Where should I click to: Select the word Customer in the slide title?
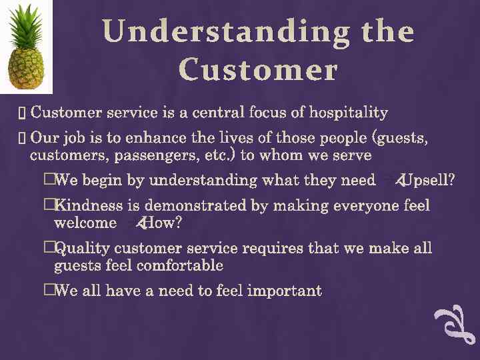[x=258, y=70]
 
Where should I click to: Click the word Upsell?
[x=427, y=180]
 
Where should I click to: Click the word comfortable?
[x=180, y=266]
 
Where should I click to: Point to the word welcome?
[x=85, y=223]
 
